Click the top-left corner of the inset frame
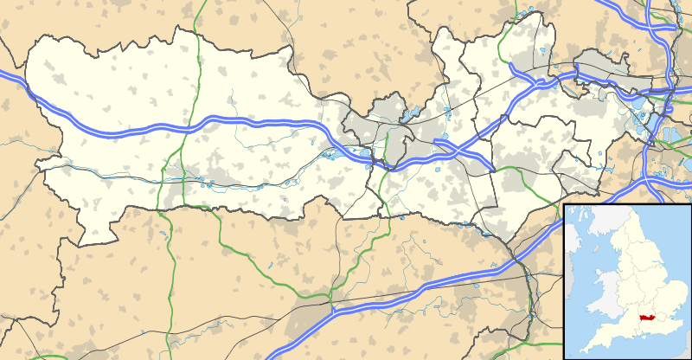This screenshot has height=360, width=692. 564,205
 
